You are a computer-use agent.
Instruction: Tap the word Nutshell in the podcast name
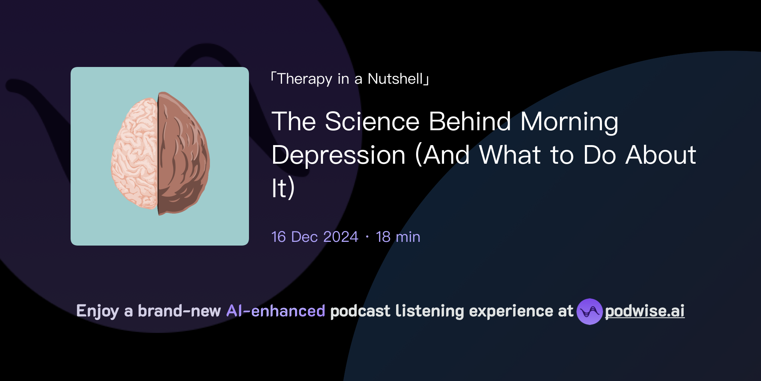pos(395,79)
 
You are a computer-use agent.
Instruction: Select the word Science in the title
pos(372,122)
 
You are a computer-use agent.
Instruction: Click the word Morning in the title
pos(569,122)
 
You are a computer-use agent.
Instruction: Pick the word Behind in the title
pos(470,122)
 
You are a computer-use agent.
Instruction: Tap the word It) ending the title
pos(283,188)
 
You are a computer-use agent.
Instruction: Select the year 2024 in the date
pos(340,237)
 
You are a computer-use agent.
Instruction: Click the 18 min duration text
pos(398,237)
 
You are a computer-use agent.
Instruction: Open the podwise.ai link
pos(644,311)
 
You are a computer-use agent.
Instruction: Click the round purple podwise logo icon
pos(589,311)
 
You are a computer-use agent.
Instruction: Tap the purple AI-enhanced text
pos(276,311)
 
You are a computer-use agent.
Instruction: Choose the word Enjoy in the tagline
pos(97,311)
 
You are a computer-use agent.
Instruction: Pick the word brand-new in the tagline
pos(179,311)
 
